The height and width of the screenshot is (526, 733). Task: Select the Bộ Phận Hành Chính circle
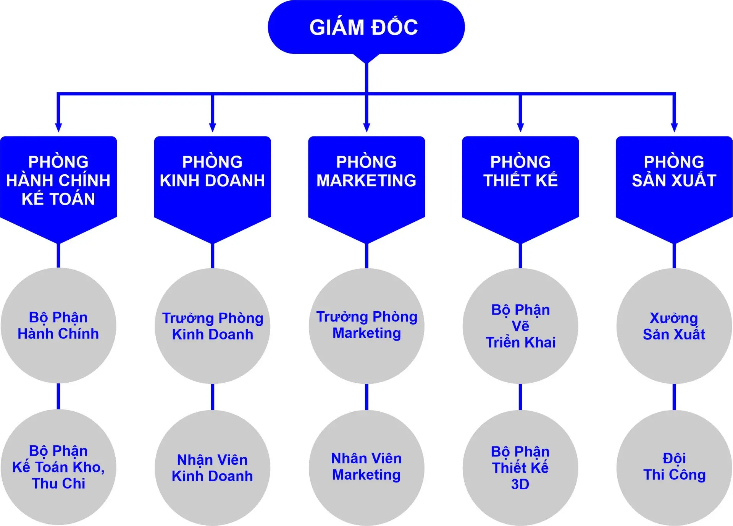point(58,326)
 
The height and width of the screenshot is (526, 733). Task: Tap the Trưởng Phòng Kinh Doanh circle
point(212,326)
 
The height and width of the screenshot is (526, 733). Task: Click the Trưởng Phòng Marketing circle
point(366,326)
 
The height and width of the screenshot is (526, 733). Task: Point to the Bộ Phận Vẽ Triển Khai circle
point(520,326)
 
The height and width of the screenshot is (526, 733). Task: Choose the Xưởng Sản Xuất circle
point(674,326)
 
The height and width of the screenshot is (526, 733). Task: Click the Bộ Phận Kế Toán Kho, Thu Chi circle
point(58,467)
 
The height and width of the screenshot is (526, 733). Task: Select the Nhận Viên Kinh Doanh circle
point(212,468)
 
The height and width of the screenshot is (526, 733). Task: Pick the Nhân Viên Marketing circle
point(366,468)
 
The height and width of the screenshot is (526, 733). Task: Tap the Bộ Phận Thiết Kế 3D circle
point(520,468)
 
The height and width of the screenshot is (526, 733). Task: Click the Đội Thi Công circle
point(674,468)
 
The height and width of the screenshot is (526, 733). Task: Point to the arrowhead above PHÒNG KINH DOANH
point(213,128)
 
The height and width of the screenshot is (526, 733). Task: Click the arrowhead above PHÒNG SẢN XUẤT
point(674,128)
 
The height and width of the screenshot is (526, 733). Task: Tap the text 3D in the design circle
point(520,484)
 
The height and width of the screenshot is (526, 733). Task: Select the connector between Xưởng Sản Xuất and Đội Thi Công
point(674,397)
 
